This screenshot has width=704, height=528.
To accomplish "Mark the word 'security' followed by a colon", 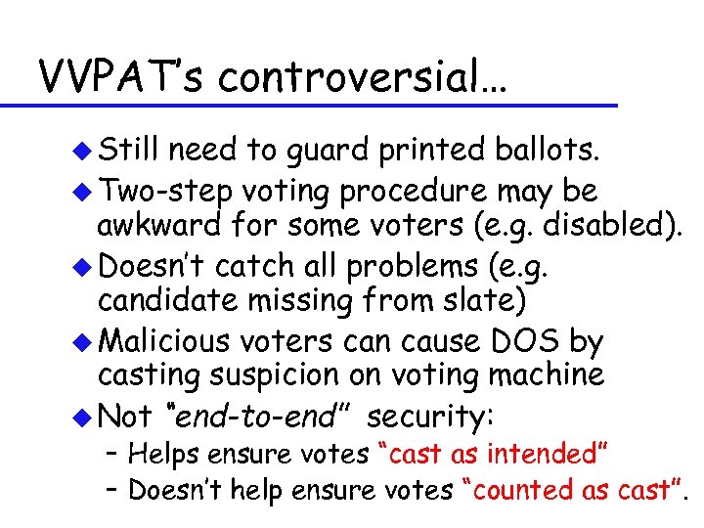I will (x=430, y=417).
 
